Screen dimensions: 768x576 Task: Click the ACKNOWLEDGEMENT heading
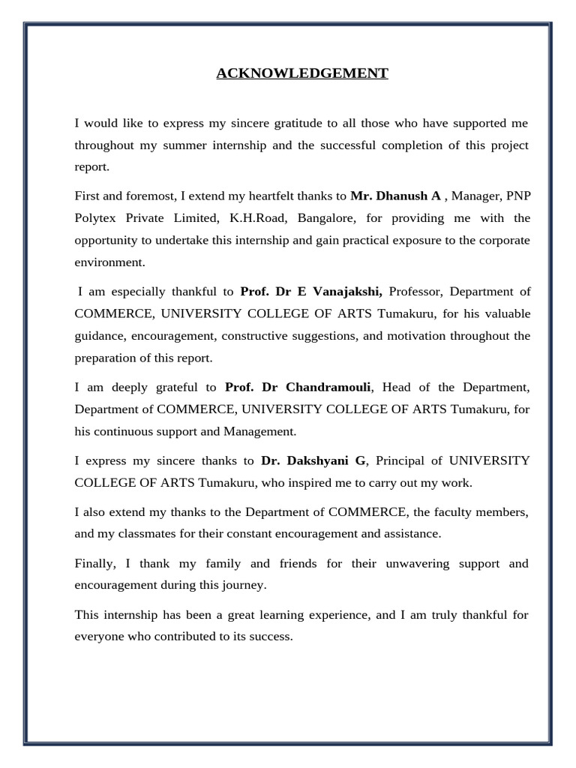pyautogui.click(x=302, y=73)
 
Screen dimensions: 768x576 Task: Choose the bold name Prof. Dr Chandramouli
pyautogui.click(x=298, y=387)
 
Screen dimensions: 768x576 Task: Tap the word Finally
pyautogui.click(x=94, y=563)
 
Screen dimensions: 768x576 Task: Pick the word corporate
pyautogui.click(x=501, y=241)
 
